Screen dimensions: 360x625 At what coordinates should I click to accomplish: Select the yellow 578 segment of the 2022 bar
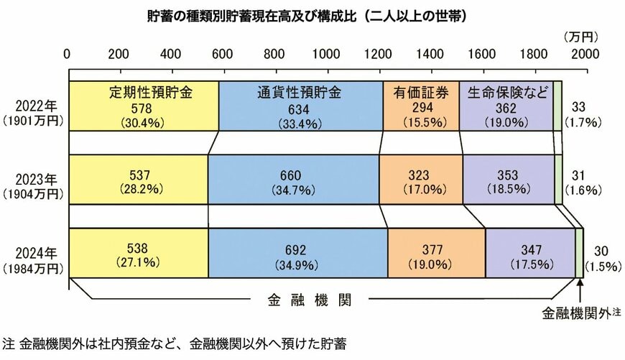144,106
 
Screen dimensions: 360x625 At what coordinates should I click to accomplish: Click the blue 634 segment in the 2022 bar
300,106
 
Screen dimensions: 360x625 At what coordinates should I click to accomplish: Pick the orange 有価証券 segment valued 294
420,106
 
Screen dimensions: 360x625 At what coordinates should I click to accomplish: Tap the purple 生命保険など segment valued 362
506,106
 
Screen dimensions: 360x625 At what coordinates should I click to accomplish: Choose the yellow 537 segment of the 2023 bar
139,180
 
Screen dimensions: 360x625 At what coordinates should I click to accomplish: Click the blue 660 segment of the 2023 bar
293,180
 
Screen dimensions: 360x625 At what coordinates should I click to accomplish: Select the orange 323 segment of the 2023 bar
420,180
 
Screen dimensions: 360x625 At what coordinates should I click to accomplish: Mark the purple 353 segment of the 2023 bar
508,180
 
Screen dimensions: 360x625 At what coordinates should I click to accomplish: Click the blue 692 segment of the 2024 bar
297,253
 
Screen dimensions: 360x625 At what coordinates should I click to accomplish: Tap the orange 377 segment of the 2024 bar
436,253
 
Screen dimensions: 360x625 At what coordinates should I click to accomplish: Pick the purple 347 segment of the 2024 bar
530,253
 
